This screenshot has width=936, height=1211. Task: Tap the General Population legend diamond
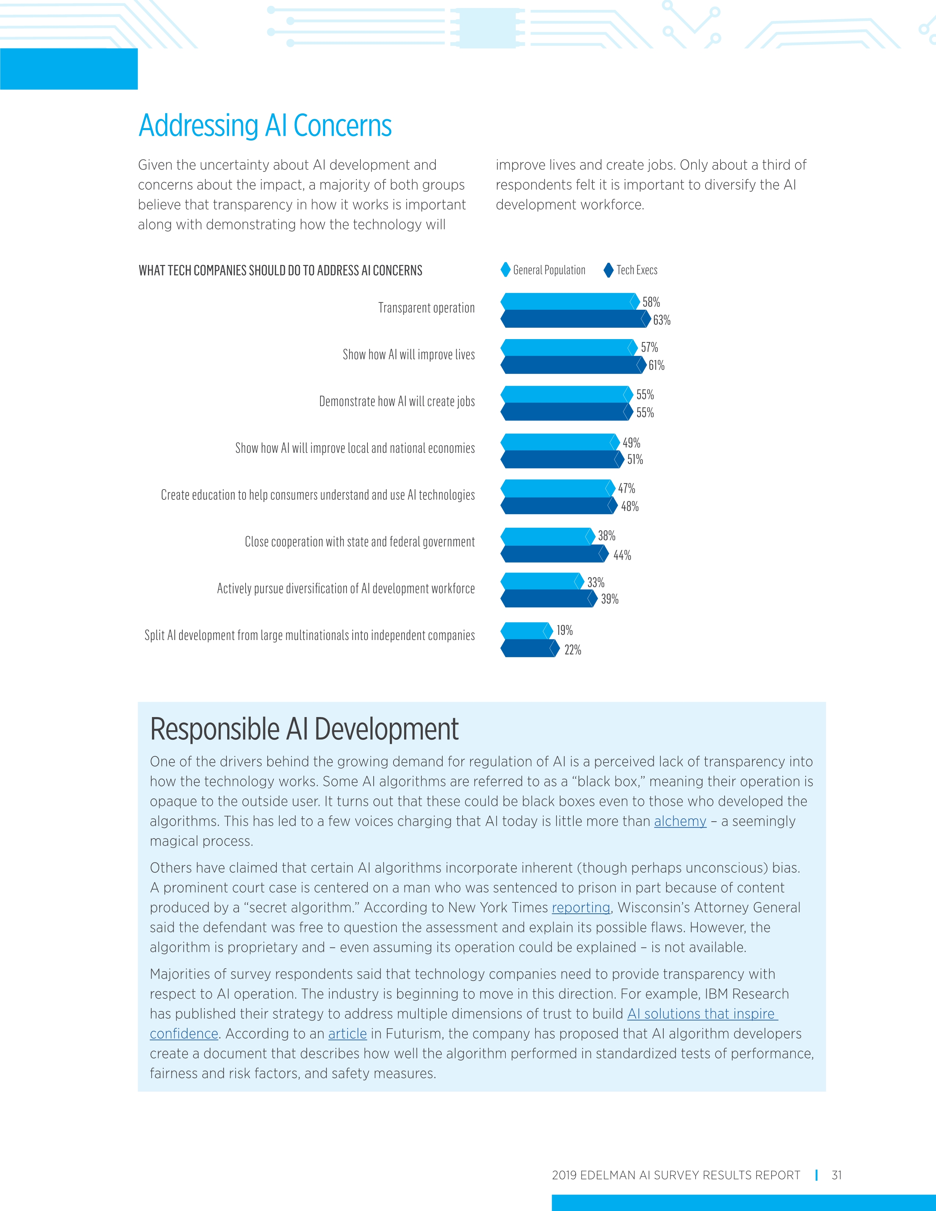[505, 270]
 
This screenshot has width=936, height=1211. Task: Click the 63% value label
[661, 320]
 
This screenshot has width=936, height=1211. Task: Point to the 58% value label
[651, 302]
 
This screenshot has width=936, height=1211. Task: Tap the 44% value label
[622, 555]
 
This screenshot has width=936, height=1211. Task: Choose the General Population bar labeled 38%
[546, 536]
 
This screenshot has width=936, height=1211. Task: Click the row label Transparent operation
[427, 308]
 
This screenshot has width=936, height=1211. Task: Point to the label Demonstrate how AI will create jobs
[397, 401]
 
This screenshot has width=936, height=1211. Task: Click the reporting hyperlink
[581, 908]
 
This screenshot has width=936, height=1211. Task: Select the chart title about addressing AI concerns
[280, 270]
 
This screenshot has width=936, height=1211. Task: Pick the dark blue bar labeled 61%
[572, 365]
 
